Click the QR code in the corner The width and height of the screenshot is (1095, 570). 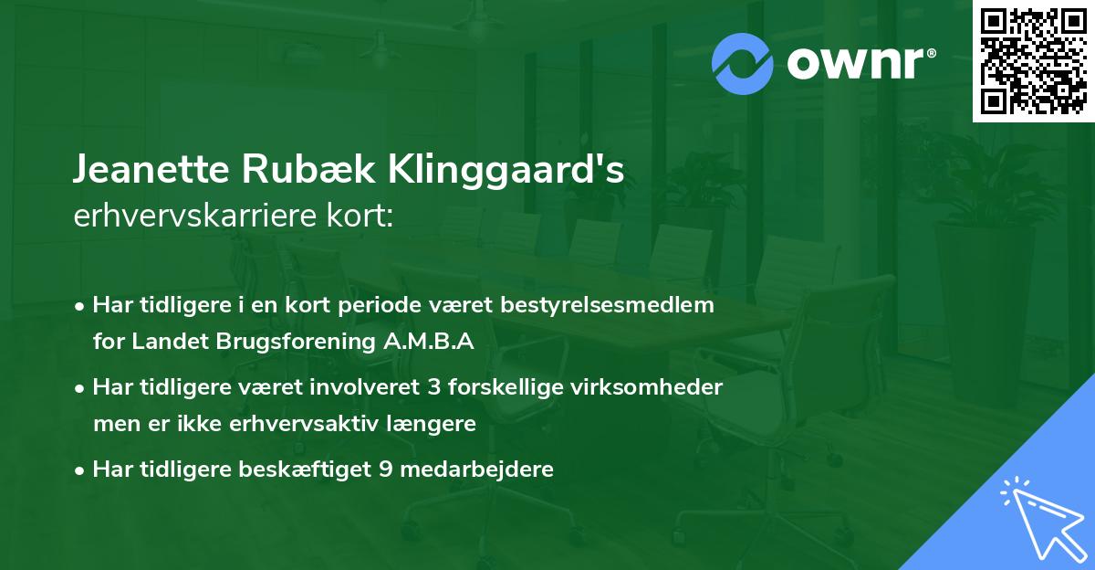click(1033, 61)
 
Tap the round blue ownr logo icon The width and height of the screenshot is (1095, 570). click(744, 63)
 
